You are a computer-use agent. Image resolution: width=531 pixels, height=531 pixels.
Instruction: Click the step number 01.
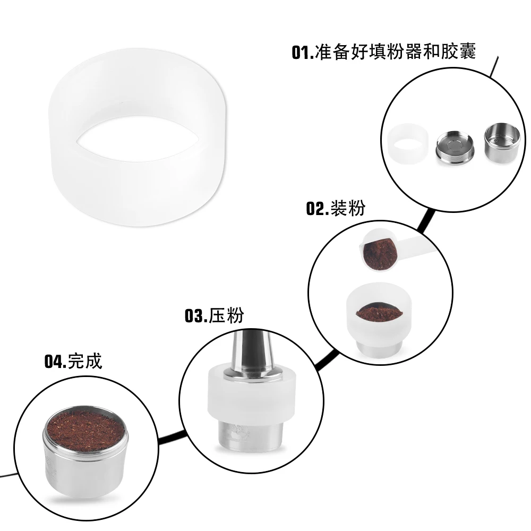[x=303, y=53]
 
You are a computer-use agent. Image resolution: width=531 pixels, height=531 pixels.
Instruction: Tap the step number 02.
[x=317, y=209]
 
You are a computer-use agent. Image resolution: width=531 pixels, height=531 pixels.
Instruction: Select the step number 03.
[x=195, y=316]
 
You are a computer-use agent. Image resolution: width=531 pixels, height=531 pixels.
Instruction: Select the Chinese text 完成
[x=85, y=362]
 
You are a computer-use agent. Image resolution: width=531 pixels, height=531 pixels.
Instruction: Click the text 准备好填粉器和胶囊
[x=395, y=52]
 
